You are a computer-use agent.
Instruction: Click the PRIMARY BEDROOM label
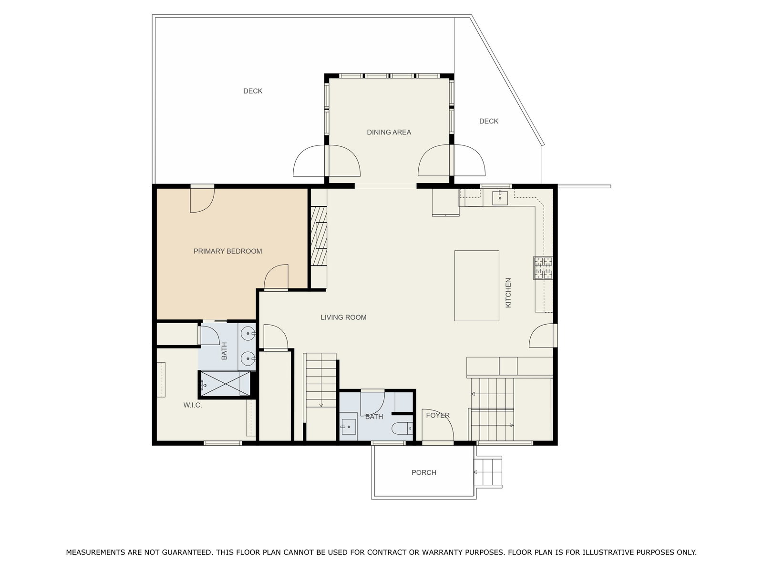point(227,251)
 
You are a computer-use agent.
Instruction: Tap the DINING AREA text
point(389,132)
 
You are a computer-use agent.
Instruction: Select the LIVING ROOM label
point(343,317)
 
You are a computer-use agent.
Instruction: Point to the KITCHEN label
point(508,293)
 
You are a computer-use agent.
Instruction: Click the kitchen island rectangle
point(476,286)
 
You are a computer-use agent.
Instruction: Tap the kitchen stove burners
point(543,267)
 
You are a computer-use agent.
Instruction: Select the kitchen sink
point(500,198)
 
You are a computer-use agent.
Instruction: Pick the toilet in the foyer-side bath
point(402,428)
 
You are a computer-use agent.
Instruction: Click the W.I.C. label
point(193,405)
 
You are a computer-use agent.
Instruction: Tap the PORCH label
point(424,472)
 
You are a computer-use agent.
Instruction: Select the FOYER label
point(438,415)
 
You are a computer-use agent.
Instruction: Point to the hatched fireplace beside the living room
point(319,236)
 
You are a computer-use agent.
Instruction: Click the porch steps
point(488,472)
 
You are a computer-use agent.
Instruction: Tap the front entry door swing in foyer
point(438,426)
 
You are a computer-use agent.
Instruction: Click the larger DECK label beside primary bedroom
point(253,91)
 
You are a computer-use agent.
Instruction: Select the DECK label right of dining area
point(489,121)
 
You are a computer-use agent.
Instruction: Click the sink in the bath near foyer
point(348,427)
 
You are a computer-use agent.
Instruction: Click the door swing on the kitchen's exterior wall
point(541,336)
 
